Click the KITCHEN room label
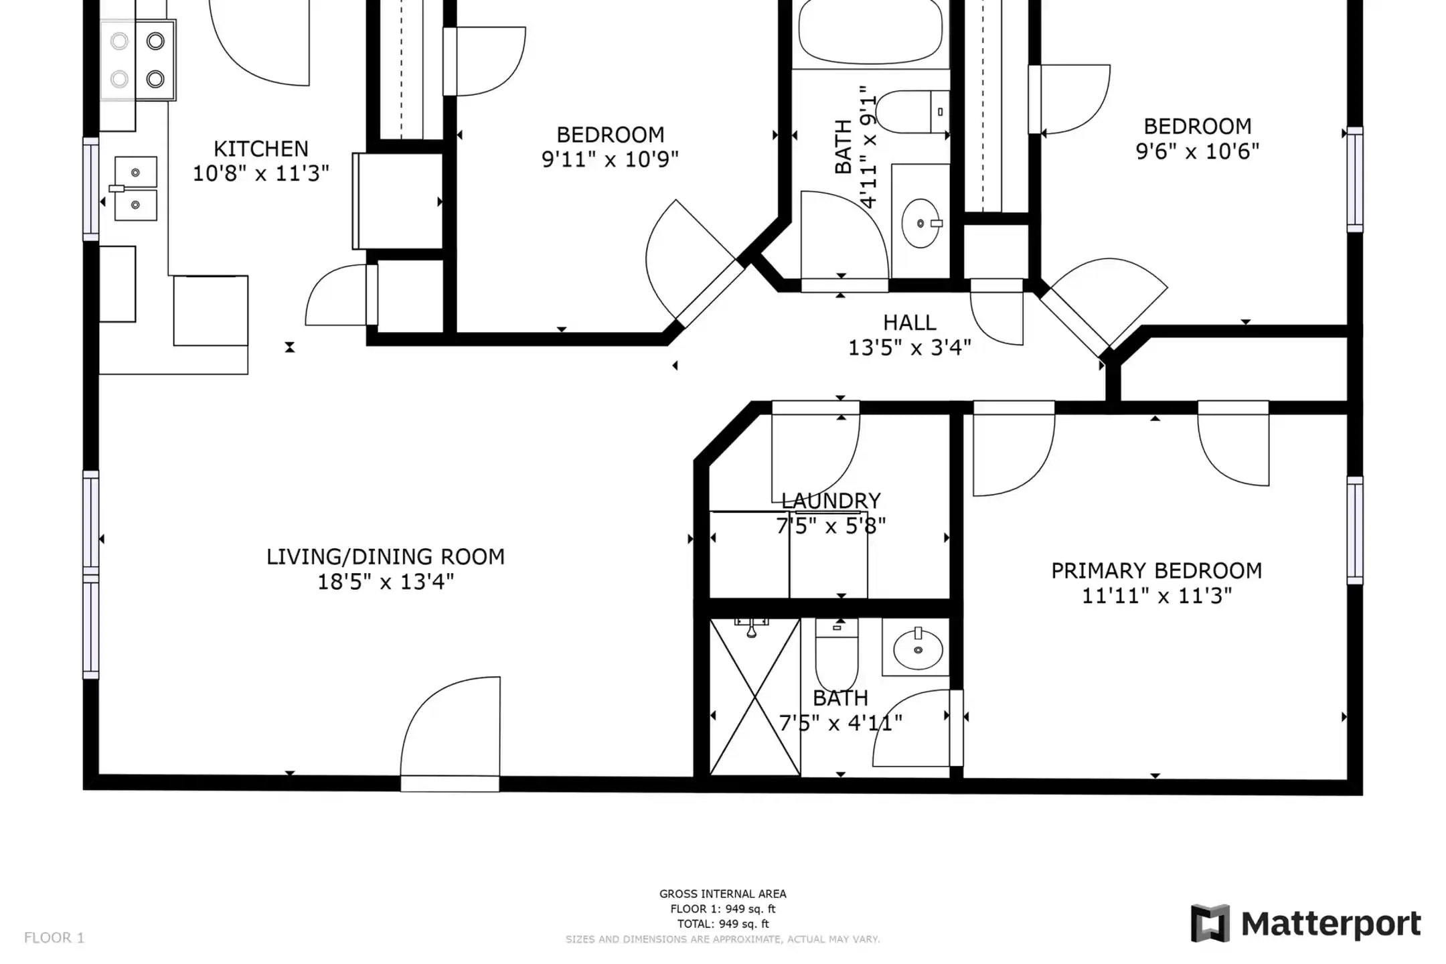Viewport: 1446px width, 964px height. click(x=261, y=149)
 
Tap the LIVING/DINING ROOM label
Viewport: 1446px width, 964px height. click(x=386, y=557)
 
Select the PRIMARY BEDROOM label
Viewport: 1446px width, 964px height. click(x=1157, y=571)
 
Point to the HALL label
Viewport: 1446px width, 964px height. click(x=910, y=323)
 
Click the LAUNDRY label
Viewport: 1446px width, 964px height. click(x=831, y=501)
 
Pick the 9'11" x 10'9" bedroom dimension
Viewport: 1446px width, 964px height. click(x=611, y=160)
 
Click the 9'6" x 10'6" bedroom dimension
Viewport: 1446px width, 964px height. click(x=1198, y=151)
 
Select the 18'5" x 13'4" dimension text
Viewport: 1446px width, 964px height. click(x=386, y=582)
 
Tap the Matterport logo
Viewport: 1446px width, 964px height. click(x=1306, y=925)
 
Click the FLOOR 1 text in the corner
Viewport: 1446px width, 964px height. click(x=54, y=938)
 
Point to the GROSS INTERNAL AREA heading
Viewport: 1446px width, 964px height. click(x=723, y=894)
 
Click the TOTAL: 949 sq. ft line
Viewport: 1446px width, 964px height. click(x=723, y=924)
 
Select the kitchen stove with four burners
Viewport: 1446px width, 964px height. click(x=138, y=60)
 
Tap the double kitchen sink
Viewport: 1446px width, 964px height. click(x=136, y=189)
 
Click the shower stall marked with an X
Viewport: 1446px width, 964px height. click(x=755, y=697)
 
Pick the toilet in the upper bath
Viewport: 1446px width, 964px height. click(x=912, y=112)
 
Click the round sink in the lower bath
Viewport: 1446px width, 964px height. click(x=918, y=649)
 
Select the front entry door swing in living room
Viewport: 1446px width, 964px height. click(x=450, y=734)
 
